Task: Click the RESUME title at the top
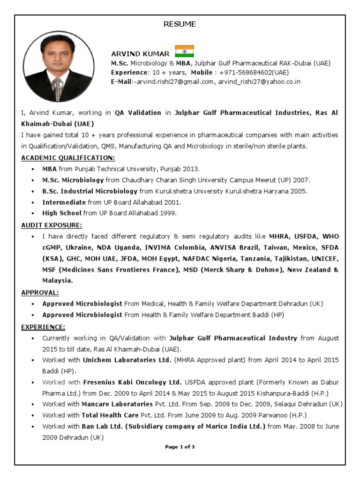pos(180,24)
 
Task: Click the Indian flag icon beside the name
pos(184,51)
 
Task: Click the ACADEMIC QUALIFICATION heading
pos(68,157)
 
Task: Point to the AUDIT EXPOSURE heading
pos(52,225)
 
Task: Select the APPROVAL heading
pos(40,292)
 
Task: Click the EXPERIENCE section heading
pos(43,326)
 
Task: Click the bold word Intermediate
pos(64,202)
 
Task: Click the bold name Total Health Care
pos(110,415)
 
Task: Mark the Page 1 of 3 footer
pos(180,447)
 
